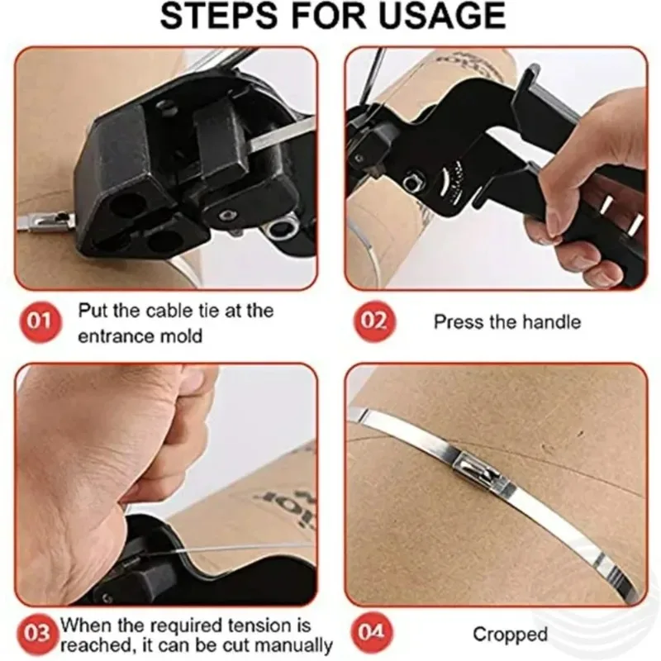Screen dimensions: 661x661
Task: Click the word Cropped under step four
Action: click(x=510, y=635)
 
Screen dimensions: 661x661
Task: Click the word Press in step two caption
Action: click(x=454, y=321)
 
